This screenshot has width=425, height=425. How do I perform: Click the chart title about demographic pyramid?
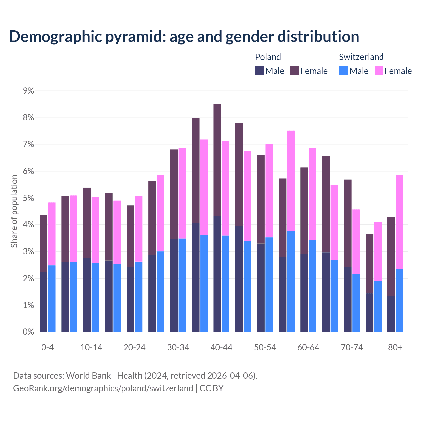coord(184,36)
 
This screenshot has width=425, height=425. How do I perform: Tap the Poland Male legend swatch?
coord(259,71)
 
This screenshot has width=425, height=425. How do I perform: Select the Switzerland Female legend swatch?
coord(379,71)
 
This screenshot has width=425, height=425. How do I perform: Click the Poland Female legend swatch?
coord(295,71)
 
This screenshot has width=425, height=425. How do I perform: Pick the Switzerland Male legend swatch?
coord(343,71)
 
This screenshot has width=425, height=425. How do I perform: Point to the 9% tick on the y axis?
coord(28,91)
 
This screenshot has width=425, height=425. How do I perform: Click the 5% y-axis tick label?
coord(28,198)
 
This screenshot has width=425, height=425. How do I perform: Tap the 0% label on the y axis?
coord(28,332)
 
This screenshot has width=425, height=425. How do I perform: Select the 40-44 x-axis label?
coord(221,347)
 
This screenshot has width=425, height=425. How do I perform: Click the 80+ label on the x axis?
coord(395,347)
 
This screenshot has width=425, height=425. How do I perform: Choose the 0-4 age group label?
coord(47,347)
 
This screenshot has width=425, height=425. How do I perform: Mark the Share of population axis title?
coord(14,211)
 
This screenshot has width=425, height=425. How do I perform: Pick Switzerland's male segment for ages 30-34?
coord(182,285)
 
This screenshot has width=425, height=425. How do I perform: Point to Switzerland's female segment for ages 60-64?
coord(312,194)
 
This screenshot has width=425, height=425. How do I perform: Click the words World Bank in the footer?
coord(88,376)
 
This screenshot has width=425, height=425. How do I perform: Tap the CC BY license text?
coord(212,388)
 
